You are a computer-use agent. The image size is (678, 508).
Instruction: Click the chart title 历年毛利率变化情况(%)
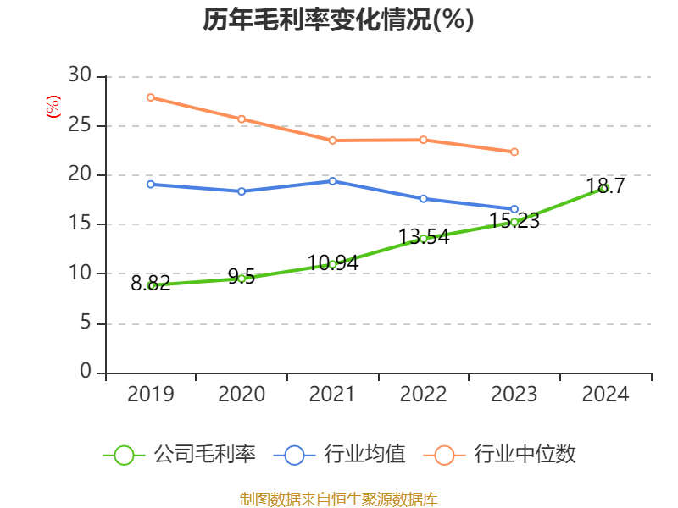tap(338, 19)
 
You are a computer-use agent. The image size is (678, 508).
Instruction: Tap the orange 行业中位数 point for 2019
tap(151, 97)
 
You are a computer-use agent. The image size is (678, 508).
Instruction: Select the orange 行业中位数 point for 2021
tap(332, 140)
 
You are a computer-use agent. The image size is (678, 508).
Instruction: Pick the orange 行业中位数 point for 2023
tap(514, 152)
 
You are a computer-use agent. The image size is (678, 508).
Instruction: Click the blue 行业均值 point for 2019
tap(151, 184)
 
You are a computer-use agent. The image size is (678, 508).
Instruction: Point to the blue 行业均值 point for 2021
tap(332, 181)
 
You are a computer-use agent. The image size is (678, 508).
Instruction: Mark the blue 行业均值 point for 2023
tap(514, 209)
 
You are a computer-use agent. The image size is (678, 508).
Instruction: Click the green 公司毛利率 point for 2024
tap(604, 188)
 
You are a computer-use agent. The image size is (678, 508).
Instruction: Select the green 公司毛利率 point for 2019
tap(151, 285)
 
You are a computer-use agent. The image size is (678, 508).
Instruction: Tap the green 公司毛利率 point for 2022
tap(423, 239)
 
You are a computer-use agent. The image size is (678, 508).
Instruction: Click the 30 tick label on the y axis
tap(80, 76)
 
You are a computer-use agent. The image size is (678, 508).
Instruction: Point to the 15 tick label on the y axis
tap(80, 224)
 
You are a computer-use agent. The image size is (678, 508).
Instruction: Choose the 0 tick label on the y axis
tap(85, 372)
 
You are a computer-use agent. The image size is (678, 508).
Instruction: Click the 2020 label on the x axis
tap(242, 394)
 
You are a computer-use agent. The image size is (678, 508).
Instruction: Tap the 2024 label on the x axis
tap(604, 394)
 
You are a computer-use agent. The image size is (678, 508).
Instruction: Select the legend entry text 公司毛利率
tap(204, 455)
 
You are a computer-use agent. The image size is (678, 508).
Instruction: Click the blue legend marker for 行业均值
tap(294, 455)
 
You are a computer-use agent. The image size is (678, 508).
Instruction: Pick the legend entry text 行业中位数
tap(525, 455)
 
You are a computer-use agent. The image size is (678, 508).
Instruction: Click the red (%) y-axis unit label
tap(53, 108)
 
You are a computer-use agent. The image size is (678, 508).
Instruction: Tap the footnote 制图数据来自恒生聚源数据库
tap(338, 499)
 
